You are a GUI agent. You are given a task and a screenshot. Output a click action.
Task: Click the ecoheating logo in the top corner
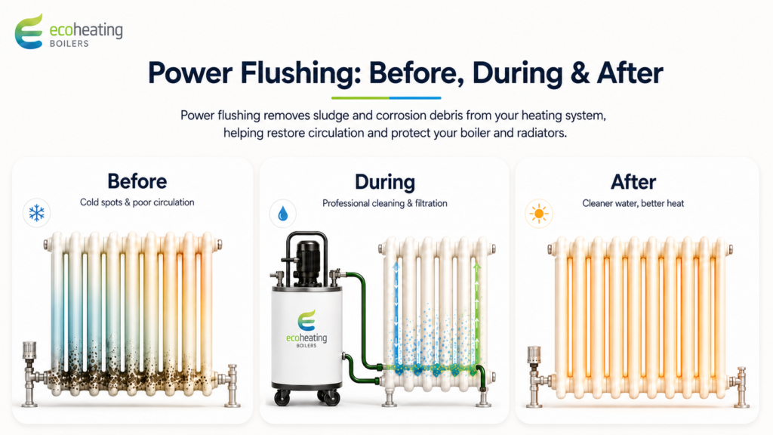click(x=69, y=32)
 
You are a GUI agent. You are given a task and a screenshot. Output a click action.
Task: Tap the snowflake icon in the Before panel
click(x=36, y=213)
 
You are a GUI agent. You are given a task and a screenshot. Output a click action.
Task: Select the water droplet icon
click(x=283, y=214)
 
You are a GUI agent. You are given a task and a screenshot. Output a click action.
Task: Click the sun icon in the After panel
click(x=539, y=214)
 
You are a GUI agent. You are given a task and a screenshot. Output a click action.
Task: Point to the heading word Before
click(x=137, y=181)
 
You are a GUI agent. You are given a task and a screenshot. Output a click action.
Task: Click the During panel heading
click(x=385, y=183)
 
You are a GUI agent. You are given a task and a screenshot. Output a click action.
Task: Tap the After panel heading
click(x=633, y=183)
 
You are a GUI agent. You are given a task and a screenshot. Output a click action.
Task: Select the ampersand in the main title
click(x=580, y=73)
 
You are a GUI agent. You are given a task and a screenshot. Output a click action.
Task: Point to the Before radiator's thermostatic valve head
click(x=29, y=350)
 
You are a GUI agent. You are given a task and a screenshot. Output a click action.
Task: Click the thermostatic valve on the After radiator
click(x=534, y=355)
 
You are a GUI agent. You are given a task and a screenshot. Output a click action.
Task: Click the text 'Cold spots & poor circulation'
click(x=137, y=202)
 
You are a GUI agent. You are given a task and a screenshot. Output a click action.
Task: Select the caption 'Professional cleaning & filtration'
click(x=385, y=203)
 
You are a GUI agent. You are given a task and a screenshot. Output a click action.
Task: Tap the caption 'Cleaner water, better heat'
click(x=633, y=203)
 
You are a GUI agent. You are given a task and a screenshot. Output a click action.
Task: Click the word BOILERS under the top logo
click(x=69, y=43)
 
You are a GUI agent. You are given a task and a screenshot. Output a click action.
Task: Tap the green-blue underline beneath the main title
click(x=386, y=97)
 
